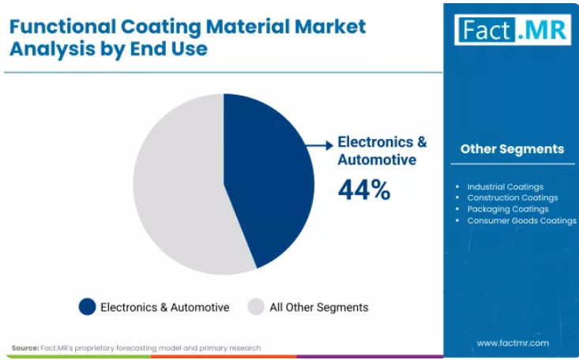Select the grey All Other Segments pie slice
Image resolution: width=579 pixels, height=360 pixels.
pos(181,185)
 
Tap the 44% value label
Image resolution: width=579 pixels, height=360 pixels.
pos(364,190)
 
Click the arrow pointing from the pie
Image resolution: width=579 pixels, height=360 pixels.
pos(320,145)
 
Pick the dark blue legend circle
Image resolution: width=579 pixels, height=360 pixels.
pos(87,307)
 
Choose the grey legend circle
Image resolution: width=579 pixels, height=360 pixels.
pos(256,307)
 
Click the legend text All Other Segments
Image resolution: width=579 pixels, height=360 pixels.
pos(319,307)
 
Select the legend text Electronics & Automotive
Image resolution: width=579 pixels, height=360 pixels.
pos(164,307)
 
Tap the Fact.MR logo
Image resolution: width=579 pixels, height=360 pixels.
pos(513,29)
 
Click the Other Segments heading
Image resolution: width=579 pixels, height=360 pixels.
pos(512,148)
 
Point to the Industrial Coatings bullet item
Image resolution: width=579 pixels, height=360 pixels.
pos(506,187)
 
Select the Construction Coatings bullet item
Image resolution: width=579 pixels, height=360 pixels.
pos(513,198)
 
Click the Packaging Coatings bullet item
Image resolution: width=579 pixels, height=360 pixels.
pos(508,209)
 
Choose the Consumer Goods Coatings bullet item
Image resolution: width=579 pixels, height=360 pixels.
pos(522,221)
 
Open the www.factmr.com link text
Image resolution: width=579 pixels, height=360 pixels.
pos(513,343)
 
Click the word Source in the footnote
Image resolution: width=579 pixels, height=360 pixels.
pos(25,348)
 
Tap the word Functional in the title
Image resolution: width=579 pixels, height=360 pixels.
pos(62,27)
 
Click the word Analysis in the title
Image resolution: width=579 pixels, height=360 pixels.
pos(52,50)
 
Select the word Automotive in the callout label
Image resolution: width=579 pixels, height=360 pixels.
pos(377,160)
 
